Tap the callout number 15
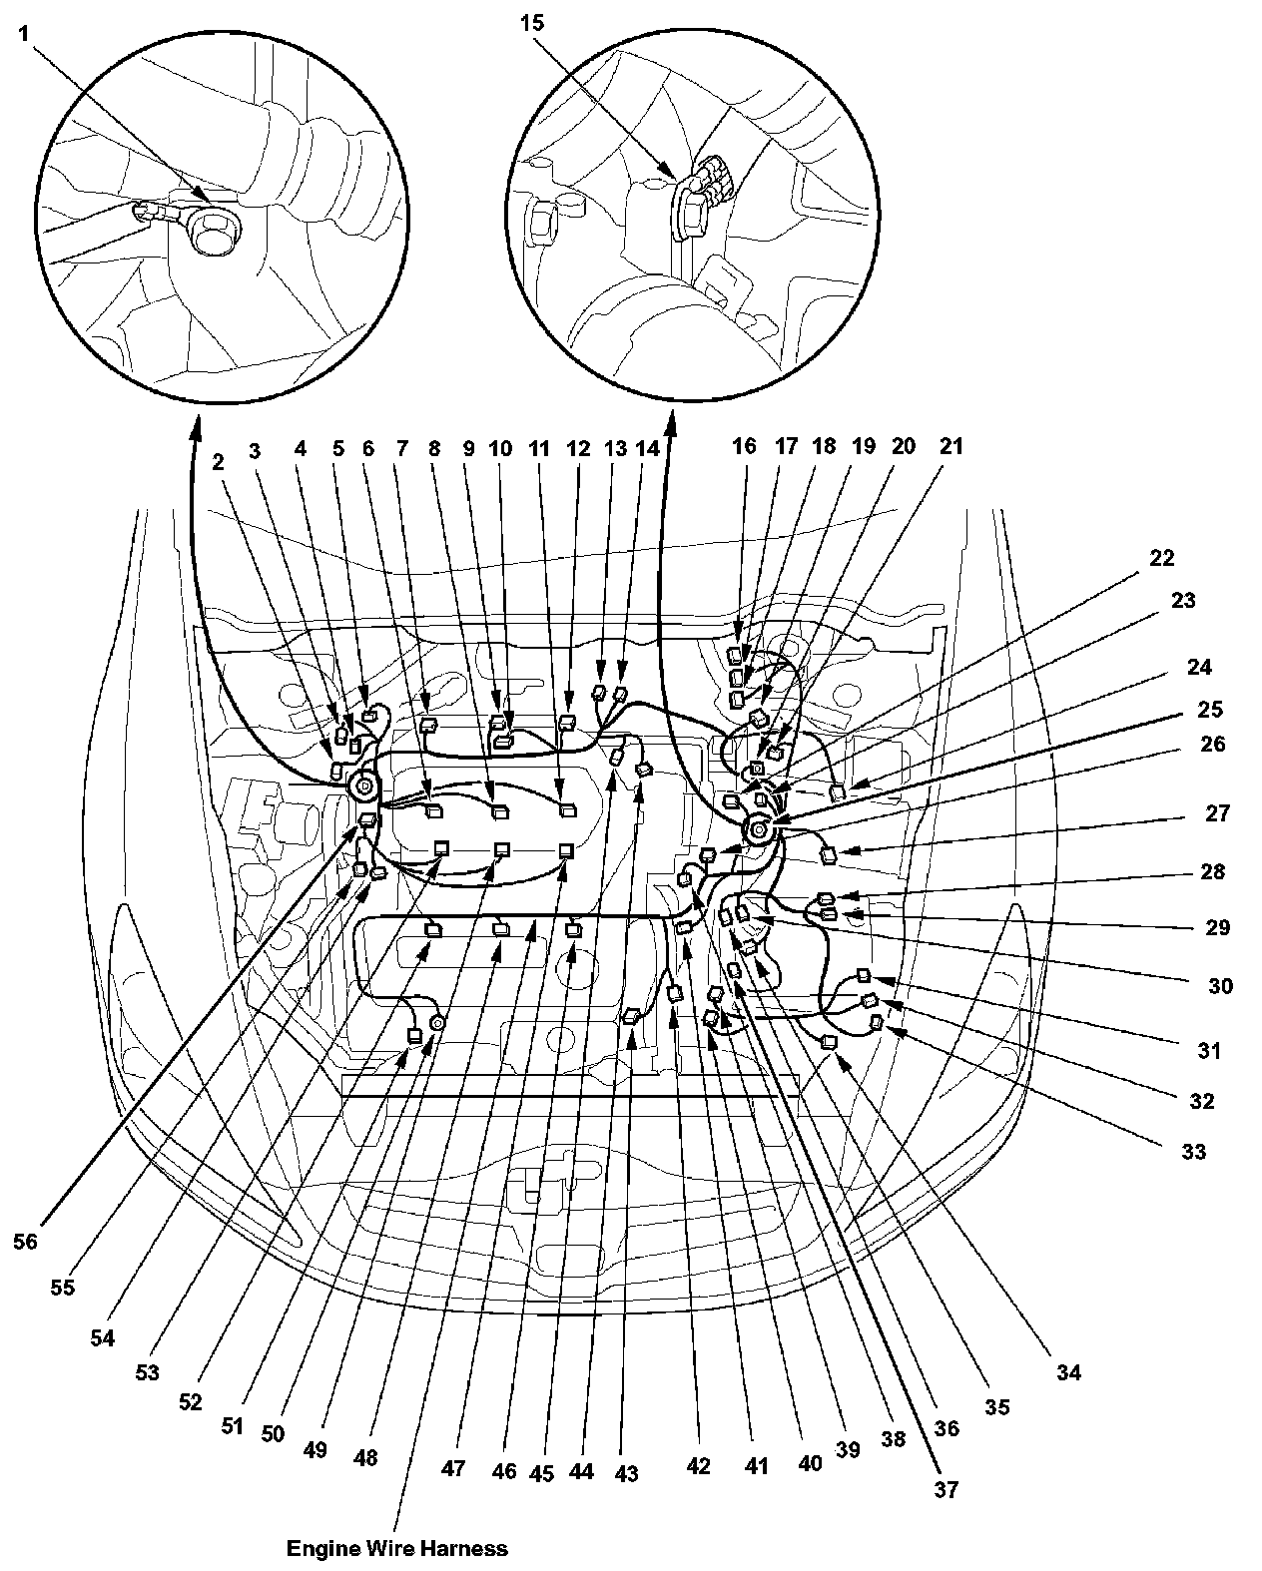[532, 21]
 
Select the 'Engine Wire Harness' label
[396, 1548]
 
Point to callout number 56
[26, 1241]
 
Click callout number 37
[946, 1489]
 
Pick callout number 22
[1161, 557]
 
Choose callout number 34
[1068, 1373]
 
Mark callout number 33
[1193, 1152]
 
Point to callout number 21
[950, 446]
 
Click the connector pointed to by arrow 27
[829, 854]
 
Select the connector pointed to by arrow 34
[828, 1042]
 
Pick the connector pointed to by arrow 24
[838, 791]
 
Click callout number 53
[148, 1372]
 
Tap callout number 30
[1220, 986]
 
